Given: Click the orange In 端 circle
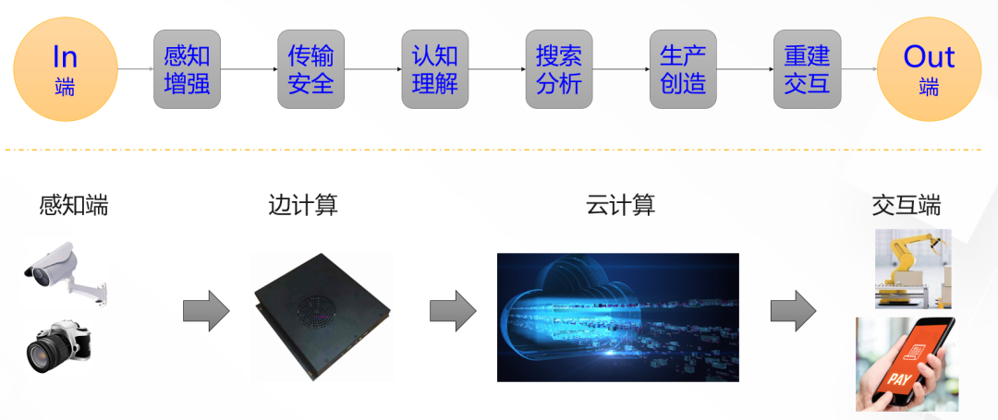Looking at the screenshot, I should pos(65,69).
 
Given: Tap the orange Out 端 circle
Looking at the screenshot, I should pos(928,69).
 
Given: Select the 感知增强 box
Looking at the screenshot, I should pos(187,69).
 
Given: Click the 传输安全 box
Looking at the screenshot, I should pos(310,69).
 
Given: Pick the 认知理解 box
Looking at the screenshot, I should pos(434,69).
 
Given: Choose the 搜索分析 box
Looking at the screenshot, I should pos(558,69).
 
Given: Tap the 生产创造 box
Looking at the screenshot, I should pos(683,69).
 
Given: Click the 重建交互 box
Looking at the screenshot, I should pos(807,69).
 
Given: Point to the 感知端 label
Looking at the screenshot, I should pos(74,205).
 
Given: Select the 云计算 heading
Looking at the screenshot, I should pos(620,205).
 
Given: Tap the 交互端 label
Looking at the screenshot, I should pos(906,205).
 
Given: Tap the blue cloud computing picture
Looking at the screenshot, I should pos(617,317).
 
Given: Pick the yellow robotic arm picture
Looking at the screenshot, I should pos(912,268).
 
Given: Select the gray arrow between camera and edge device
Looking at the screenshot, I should pos(205,311).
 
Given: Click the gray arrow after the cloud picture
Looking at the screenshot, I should pos(793,311).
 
